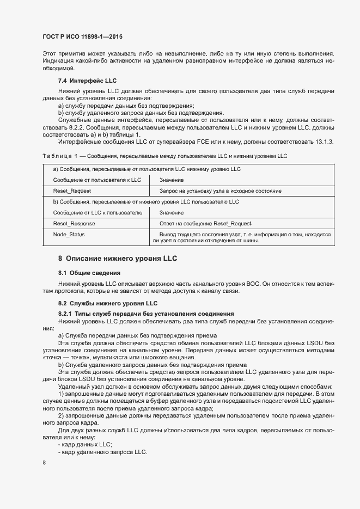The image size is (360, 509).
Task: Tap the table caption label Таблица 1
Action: (57, 156)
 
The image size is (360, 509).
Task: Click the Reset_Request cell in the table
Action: (72, 191)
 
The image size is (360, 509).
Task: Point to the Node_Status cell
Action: (69, 235)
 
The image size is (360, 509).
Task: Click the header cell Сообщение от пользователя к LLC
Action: (97, 180)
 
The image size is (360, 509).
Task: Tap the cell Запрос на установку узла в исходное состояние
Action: (220, 191)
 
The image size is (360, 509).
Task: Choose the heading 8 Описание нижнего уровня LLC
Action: (118, 258)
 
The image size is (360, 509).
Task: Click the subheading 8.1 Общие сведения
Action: (89, 272)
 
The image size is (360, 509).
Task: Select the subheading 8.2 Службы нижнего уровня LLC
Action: (108, 303)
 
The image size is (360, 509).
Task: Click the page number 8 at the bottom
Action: (44, 462)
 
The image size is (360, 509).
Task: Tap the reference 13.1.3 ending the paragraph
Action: (324, 142)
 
